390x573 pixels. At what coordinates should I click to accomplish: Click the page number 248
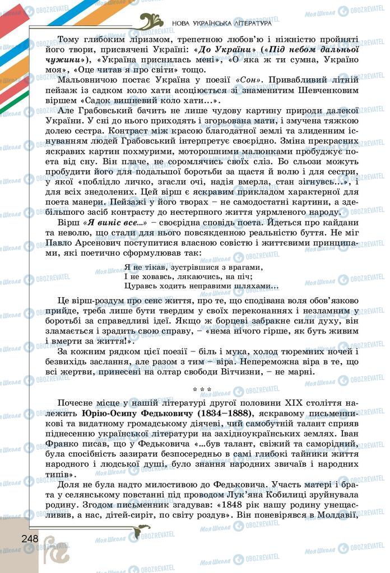[x=27, y=539]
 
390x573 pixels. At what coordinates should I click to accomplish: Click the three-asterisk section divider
[x=202, y=389]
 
